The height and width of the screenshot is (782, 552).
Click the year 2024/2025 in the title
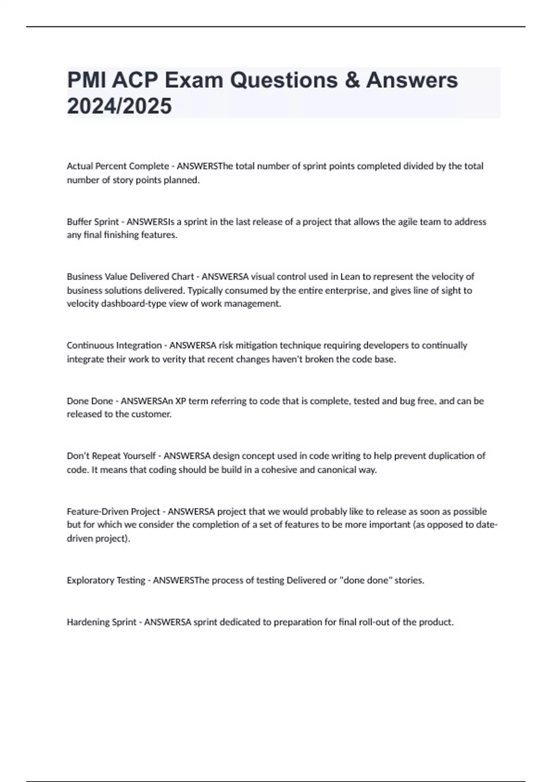[x=120, y=106]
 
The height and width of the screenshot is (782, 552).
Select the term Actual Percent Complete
[x=118, y=166]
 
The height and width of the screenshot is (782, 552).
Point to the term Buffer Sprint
[x=93, y=222]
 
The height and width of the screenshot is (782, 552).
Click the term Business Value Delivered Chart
[x=130, y=276]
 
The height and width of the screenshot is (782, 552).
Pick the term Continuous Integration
[x=114, y=345]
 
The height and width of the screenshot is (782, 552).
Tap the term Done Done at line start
[x=90, y=401]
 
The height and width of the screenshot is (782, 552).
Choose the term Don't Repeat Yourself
[x=111, y=456]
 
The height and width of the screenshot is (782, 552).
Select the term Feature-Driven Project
[x=113, y=512]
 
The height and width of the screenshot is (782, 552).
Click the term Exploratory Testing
[x=106, y=581]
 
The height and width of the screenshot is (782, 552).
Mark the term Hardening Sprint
[x=101, y=622]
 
